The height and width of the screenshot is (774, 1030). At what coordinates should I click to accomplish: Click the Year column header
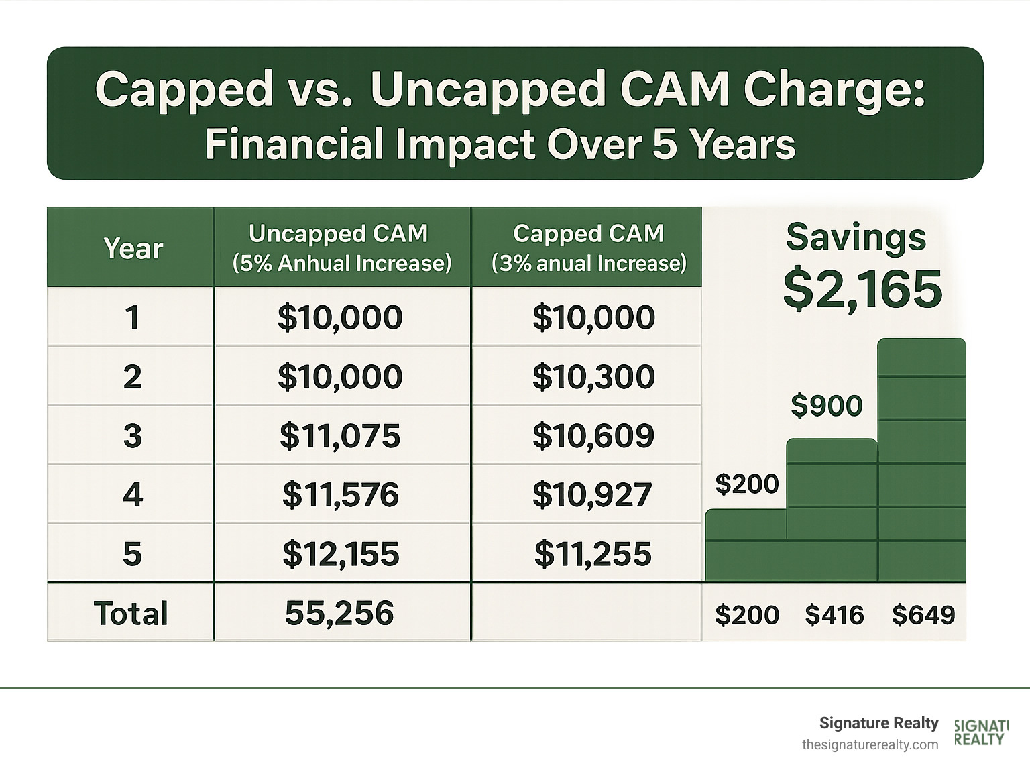pos(133,249)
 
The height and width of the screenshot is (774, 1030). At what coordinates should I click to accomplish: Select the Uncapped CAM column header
pos(341,248)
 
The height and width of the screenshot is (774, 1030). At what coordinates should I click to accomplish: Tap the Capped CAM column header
pos(588,248)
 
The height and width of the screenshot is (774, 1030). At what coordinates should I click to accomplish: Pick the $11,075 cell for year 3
pos(340,436)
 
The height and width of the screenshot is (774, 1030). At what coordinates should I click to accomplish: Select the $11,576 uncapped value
pos(340,495)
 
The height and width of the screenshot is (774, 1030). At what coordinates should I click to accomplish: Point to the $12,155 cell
pos(340,554)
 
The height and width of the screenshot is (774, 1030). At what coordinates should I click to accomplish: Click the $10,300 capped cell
pos(593,377)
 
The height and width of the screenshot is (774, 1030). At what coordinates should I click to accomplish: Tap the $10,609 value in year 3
pos(593,436)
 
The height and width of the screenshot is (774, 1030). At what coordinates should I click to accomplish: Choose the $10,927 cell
pos(592,495)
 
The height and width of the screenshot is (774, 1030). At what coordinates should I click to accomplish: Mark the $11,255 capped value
pos(593,554)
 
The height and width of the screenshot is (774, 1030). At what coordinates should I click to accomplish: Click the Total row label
pos(131,614)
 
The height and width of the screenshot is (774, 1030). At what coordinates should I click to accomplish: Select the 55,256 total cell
pos(339,614)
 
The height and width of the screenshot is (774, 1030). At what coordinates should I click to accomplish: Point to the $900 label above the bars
pos(826,406)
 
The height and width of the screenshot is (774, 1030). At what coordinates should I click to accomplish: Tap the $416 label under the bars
pos(834,615)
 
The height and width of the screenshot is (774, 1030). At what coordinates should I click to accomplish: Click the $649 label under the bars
pos(923,615)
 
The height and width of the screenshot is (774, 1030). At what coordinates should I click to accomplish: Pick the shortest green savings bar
pos(745,545)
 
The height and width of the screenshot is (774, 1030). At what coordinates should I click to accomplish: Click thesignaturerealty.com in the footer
pos(870,745)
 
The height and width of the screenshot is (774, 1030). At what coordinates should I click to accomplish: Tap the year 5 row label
pos(132,554)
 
